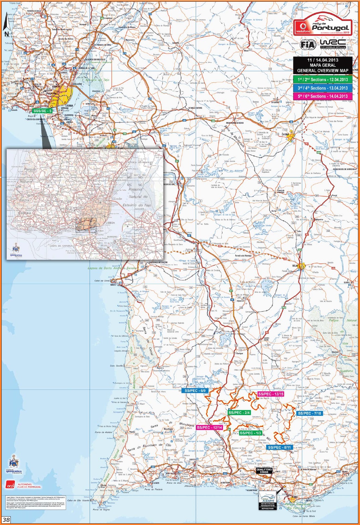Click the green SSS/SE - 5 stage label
click(43, 111)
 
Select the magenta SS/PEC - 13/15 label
click(271, 394)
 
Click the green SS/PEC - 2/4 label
click(239, 412)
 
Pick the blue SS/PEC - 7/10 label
click(310, 413)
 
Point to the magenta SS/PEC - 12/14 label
click(209, 428)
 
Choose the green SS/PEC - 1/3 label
click(250, 433)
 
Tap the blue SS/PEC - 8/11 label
click(279, 447)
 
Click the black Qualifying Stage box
click(264, 471)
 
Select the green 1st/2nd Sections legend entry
click(323, 80)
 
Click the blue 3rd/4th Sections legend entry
click(323, 88)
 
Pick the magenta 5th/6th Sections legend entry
click(323, 96)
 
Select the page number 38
click(6, 520)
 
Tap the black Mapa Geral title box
click(323, 65)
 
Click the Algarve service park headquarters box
click(268, 500)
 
